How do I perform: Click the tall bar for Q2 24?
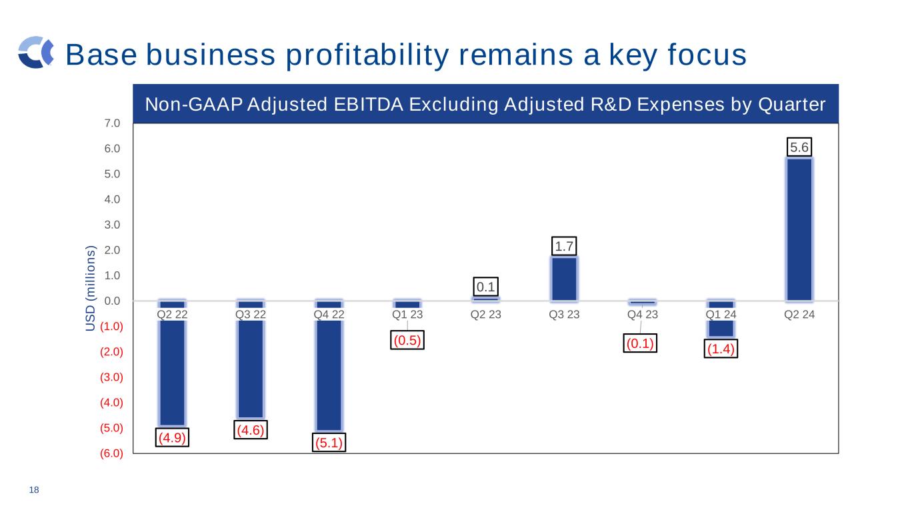[x=799, y=229]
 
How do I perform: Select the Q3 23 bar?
[x=564, y=279]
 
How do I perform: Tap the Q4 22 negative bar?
[x=329, y=373]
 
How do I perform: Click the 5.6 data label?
[x=799, y=146]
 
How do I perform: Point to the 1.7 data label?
[x=565, y=246]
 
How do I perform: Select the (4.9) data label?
[x=172, y=438]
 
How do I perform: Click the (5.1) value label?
[x=329, y=443]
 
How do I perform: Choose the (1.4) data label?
[x=721, y=349]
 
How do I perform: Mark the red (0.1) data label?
[x=640, y=344]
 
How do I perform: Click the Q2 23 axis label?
[x=486, y=314]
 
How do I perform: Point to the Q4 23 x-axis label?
[x=643, y=314]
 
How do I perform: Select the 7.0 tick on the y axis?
[x=112, y=123]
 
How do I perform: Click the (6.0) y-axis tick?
[x=111, y=454]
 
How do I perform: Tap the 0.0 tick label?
[x=112, y=301]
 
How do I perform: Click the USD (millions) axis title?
[x=91, y=288]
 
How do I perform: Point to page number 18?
[x=33, y=491]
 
